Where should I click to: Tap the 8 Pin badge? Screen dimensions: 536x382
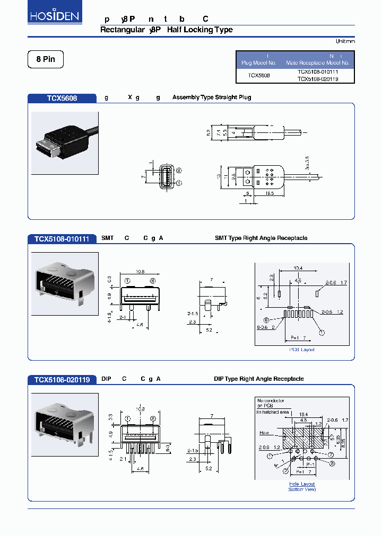[46, 59]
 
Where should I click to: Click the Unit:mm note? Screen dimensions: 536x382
[345, 41]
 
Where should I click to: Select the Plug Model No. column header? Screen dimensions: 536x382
[259, 59]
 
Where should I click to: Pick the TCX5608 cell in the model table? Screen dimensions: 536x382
[259, 75]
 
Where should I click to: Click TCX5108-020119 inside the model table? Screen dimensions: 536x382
[318, 79]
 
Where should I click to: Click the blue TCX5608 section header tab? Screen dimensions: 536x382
[62, 98]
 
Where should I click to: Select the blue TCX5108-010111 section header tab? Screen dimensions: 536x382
[62, 238]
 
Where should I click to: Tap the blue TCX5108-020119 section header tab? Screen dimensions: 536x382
[62, 379]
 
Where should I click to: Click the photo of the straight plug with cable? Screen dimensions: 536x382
[65, 143]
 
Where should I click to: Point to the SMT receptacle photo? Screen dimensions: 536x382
[65, 284]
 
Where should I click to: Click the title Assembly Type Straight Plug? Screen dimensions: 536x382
[212, 97]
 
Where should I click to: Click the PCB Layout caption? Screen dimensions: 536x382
[302, 350]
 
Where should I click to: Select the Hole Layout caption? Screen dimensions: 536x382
[302, 484]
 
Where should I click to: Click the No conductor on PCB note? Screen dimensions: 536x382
[270, 404]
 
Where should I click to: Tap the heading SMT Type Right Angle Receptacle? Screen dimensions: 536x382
[261, 238]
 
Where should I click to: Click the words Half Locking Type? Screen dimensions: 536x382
[199, 30]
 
